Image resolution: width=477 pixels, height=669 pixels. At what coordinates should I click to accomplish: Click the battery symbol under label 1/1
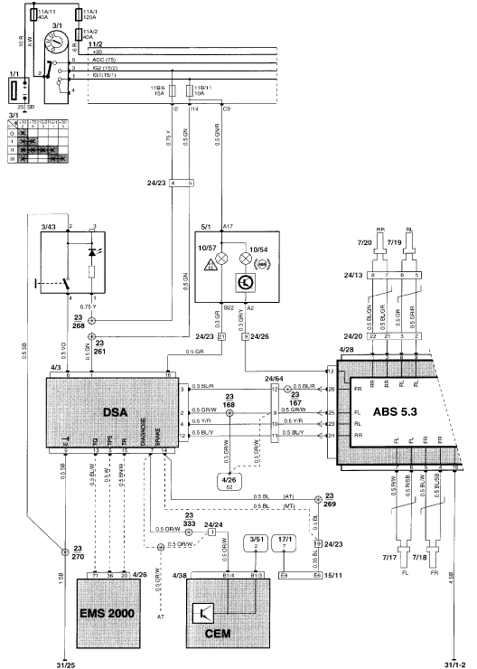[x=14, y=92]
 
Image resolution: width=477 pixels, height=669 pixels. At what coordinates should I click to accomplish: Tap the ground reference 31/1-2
[x=454, y=661]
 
